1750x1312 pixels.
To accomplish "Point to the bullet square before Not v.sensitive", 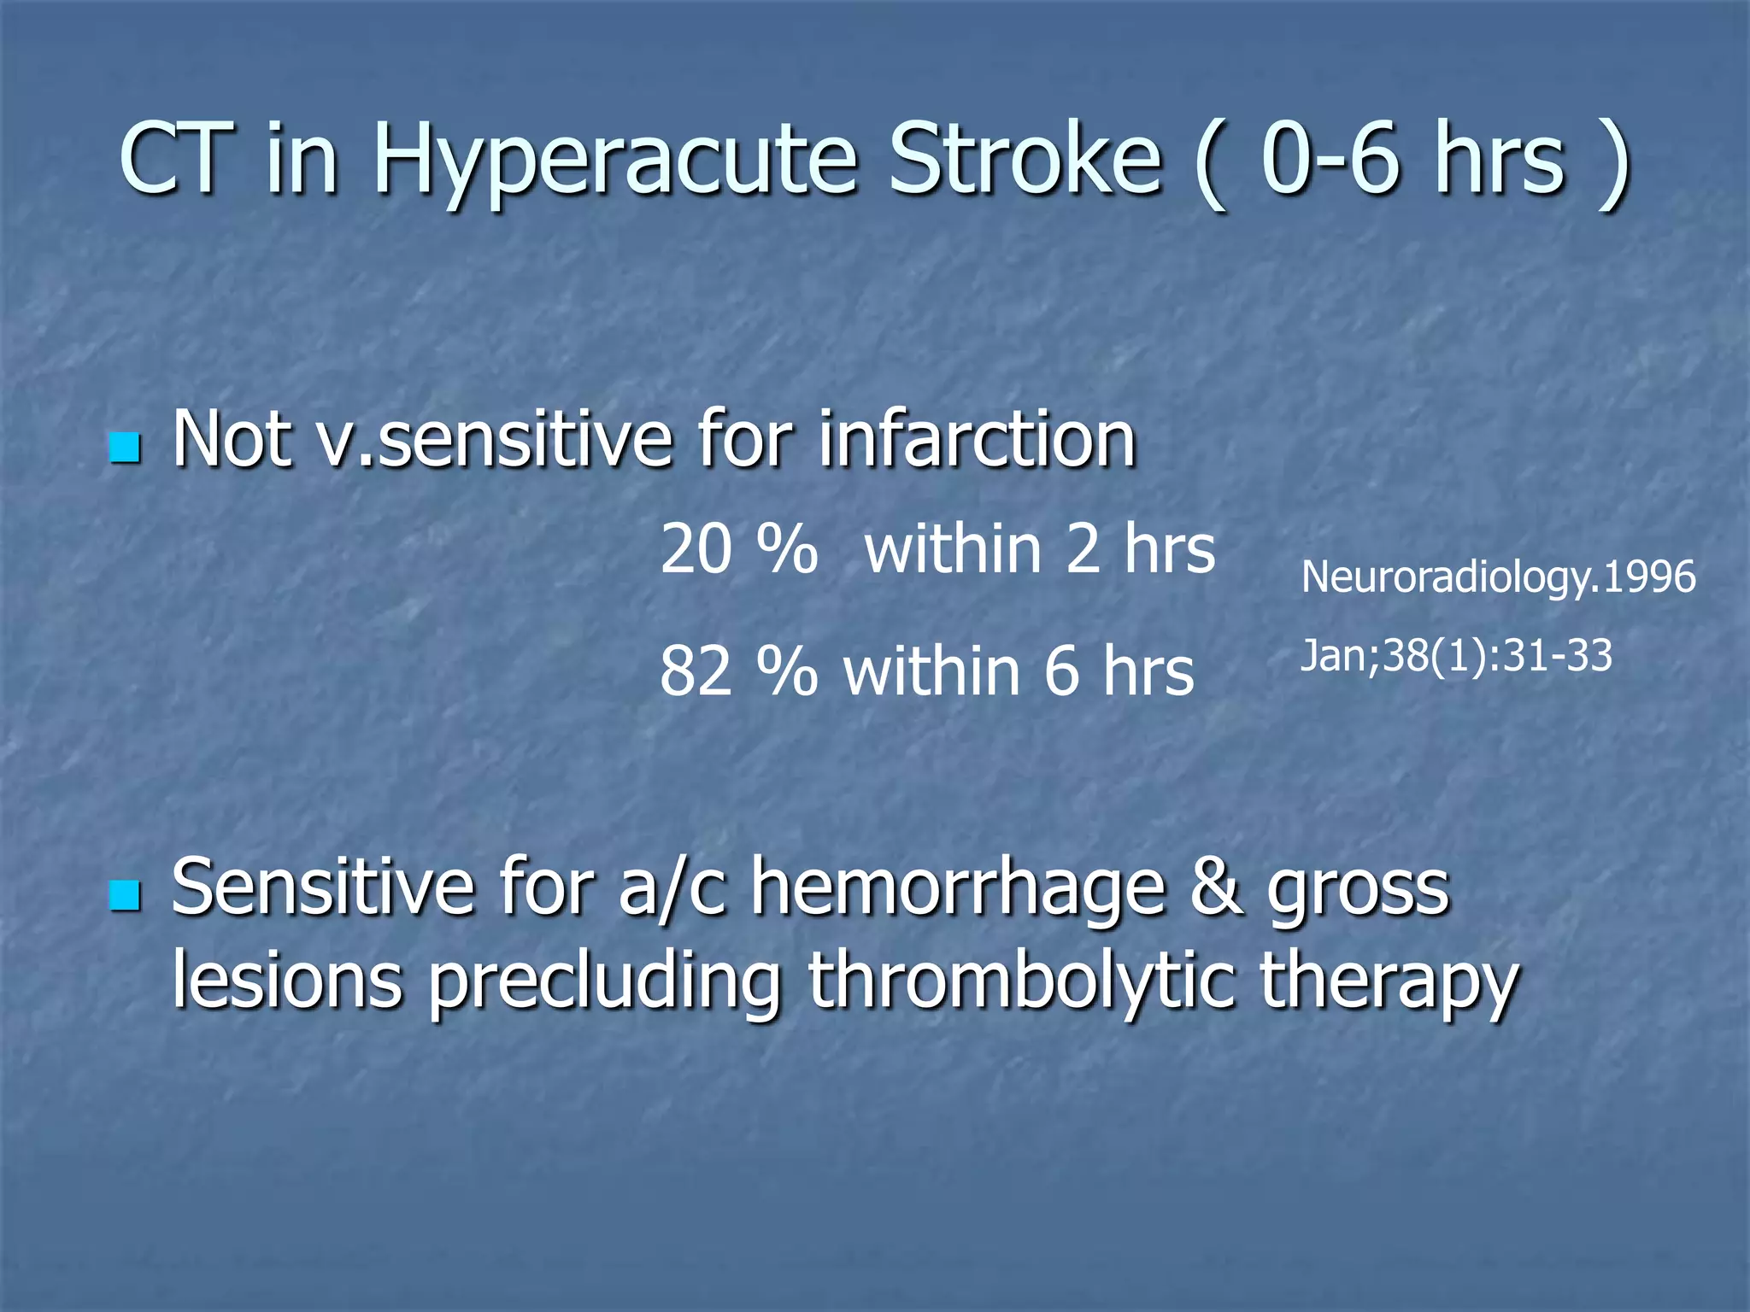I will point(126,448).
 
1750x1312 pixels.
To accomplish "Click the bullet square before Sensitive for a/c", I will point(126,896).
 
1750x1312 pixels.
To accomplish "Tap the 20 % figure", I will point(738,549).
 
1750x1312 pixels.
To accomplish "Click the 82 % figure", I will point(738,672).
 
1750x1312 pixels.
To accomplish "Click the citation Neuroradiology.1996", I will point(1497,577).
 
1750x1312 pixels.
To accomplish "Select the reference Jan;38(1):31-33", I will point(1455,656).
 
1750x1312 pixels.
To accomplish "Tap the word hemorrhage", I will point(958,888).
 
